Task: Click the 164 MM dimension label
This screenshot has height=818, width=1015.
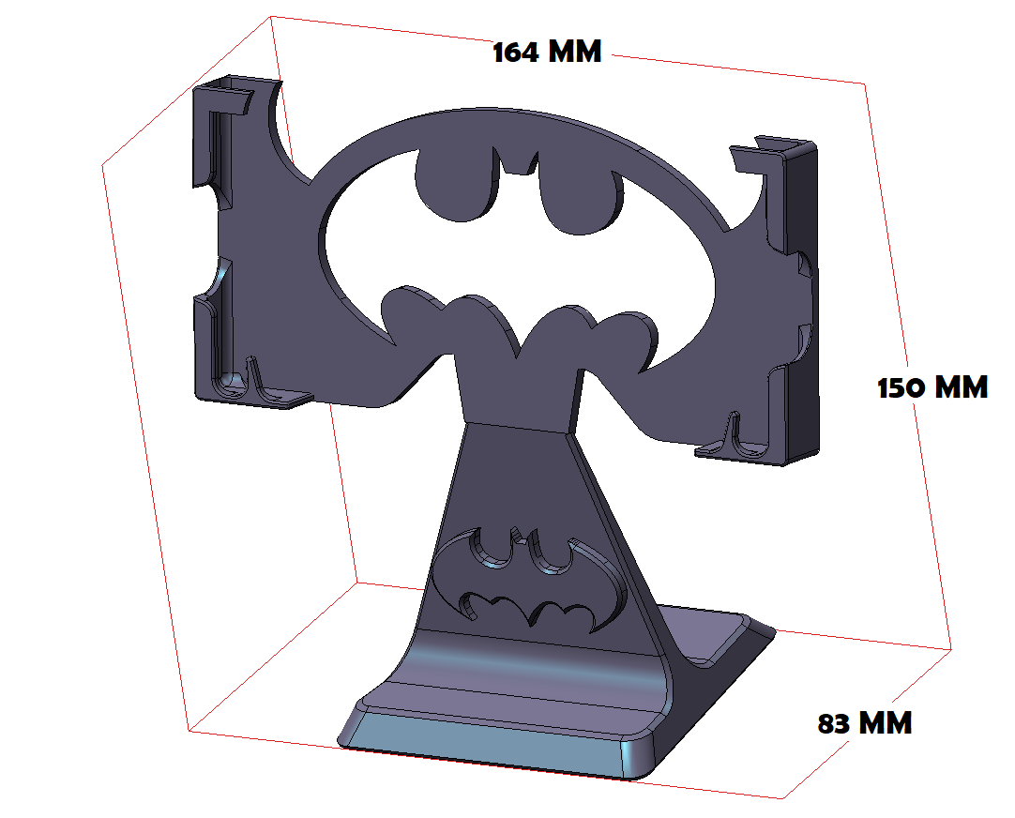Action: (x=547, y=52)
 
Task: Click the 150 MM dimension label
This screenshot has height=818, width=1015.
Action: (x=932, y=387)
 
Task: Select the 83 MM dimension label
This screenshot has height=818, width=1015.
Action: (x=864, y=723)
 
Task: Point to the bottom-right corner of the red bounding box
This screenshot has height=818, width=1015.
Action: (x=783, y=798)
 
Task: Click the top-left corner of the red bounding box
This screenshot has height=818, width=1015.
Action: (x=272, y=16)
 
